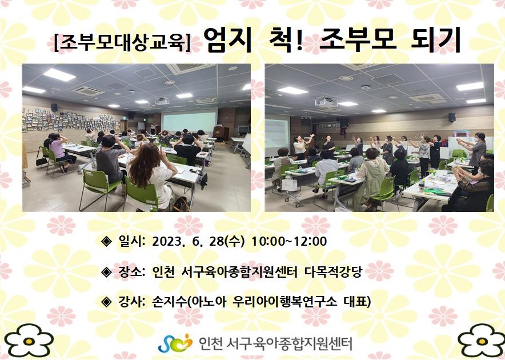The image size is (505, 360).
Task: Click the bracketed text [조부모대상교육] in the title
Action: [x=122, y=42]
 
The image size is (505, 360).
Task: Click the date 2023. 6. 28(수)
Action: [x=198, y=241]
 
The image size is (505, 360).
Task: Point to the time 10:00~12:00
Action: [x=289, y=241]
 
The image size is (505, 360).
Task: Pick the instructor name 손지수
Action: [x=170, y=302]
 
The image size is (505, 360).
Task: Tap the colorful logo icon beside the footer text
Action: [x=175, y=343]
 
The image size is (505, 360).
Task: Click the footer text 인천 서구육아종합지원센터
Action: [x=276, y=343]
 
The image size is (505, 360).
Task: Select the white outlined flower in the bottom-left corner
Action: [x=29, y=341]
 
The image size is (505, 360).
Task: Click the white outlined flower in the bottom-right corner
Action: [x=482, y=341]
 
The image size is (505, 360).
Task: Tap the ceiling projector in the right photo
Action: [x=326, y=102]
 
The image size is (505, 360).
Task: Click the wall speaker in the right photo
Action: [x=452, y=117]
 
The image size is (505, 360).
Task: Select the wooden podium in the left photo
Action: [x=221, y=133]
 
